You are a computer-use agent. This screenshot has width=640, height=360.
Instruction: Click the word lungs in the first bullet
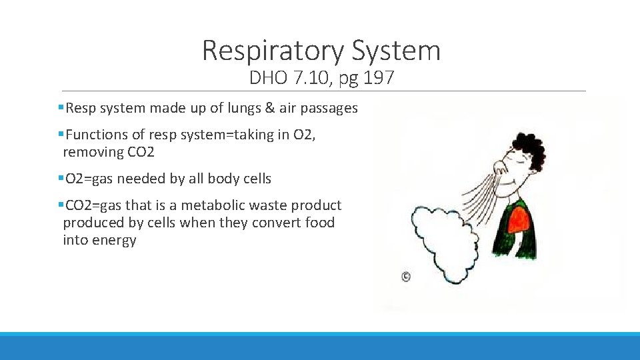click(x=238, y=108)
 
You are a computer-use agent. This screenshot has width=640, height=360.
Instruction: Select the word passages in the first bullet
click(x=331, y=108)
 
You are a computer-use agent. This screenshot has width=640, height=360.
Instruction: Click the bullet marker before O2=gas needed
click(x=61, y=179)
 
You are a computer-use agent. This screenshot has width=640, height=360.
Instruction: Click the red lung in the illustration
click(x=521, y=220)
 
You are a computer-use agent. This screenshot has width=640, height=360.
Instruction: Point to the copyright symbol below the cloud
click(x=405, y=277)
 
